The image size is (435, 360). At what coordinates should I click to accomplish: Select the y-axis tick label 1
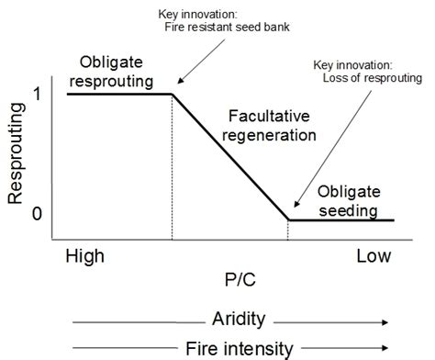(37, 94)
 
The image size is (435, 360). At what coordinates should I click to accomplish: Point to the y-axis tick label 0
(37, 215)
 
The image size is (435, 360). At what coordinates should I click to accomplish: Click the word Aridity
(238, 320)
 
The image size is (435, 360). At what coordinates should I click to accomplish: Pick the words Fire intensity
(238, 348)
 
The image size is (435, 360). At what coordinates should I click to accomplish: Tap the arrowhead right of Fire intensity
(386, 349)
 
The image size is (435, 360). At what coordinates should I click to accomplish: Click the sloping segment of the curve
(229, 156)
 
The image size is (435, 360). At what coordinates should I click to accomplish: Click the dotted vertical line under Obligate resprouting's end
(173, 165)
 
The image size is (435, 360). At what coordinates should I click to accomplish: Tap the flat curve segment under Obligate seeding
(340, 220)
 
